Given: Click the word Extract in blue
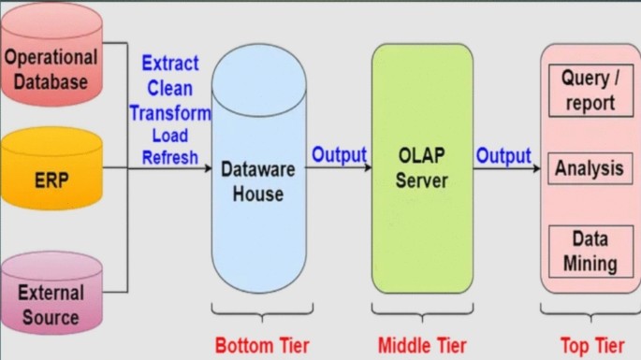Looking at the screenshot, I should [x=169, y=64].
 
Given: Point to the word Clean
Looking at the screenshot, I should [x=169, y=89].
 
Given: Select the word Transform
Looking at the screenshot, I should [x=170, y=112].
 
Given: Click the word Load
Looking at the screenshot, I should [x=169, y=136].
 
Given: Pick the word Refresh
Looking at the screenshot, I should [x=169, y=158].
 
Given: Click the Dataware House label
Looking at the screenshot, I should [x=259, y=181].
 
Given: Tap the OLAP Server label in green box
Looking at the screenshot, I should [x=421, y=166].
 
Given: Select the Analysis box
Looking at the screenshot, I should [x=589, y=169].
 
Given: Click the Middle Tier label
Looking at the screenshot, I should [x=422, y=344].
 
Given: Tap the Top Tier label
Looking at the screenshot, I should [x=591, y=344].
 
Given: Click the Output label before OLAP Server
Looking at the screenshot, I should [x=339, y=154].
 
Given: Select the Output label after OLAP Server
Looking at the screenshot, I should [x=503, y=155].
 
